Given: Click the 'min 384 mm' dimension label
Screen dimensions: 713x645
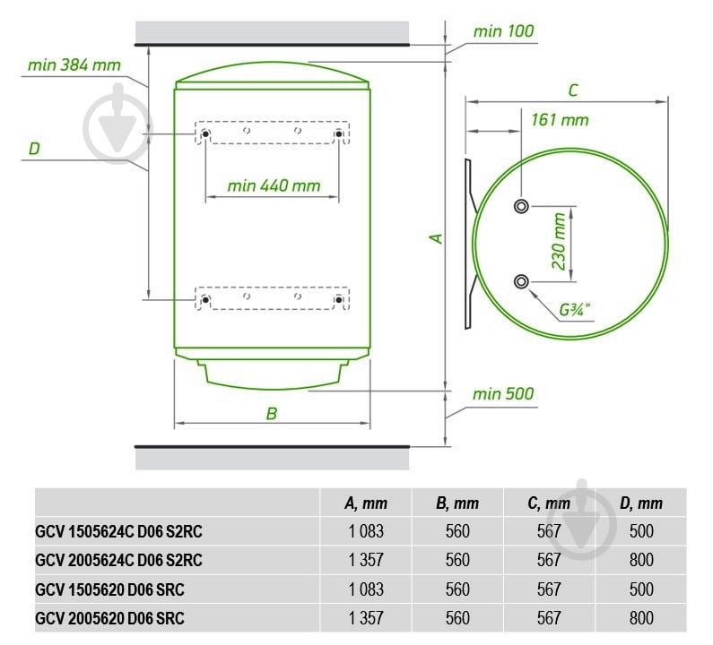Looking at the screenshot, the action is [74, 65].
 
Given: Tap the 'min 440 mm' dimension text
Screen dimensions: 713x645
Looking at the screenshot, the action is [274, 185].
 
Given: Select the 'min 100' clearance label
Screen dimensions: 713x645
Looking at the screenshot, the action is [503, 31].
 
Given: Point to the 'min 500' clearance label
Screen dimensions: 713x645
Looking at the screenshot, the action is [503, 393].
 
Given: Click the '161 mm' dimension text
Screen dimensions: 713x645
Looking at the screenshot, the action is [560, 120].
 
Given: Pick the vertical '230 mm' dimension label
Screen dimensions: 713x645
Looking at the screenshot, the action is [559, 241].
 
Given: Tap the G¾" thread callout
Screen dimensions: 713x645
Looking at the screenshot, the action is [574, 310].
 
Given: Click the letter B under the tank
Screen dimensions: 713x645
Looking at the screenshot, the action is [272, 413].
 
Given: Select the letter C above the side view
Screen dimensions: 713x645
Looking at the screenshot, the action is [573, 90].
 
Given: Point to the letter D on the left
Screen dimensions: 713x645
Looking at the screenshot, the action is [34, 149].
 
